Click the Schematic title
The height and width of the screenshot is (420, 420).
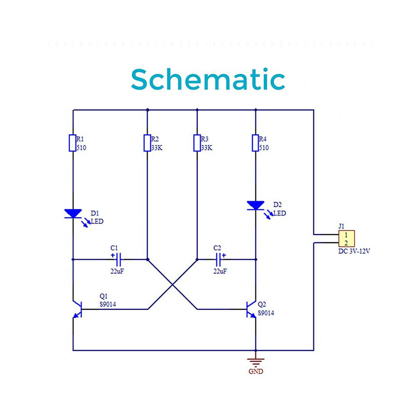(x=208, y=79)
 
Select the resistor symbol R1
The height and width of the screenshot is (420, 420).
(x=73, y=143)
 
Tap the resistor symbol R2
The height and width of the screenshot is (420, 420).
(x=147, y=143)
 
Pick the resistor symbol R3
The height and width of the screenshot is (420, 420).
(x=197, y=143)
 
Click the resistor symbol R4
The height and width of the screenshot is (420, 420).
(x=255, y=143)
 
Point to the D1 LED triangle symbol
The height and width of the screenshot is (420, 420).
(x=73, y=214)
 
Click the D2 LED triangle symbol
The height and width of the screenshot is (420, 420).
(x=255, y=205)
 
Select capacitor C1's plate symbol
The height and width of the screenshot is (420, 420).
(x=119, y=259)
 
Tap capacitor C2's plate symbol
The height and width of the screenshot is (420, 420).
(x=218, y=259)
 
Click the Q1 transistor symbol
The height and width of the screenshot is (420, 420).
(x=78, y=309)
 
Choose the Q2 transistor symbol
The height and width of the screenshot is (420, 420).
(x=251, y=309)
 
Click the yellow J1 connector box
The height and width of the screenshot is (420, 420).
(x=346, y=238)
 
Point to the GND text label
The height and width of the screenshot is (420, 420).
(x=256, y=371)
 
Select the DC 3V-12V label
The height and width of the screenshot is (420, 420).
(x=354, y=251)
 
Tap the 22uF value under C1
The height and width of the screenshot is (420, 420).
(x=117, y=271)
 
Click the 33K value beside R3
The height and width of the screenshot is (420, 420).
(x=207, y=148)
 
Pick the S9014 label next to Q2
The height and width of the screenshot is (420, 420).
(x=266, y=313)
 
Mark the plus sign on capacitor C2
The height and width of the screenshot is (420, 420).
(x=224, y=255)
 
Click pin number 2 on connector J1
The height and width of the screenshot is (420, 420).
(x=346, y=243)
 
